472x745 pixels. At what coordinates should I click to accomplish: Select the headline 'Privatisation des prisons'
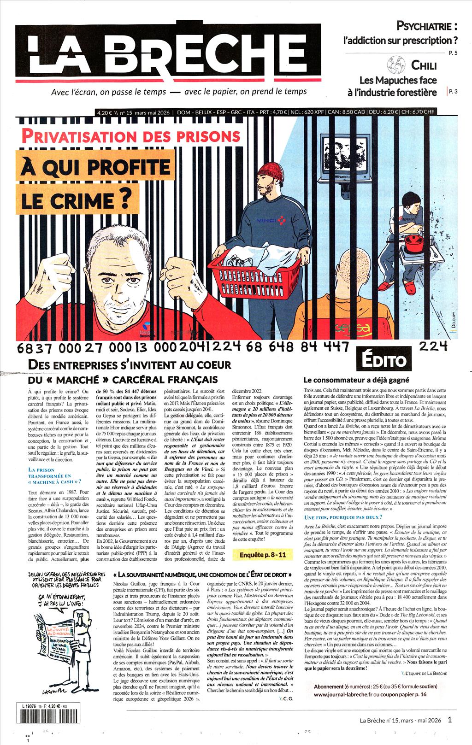click(x=130, y=136)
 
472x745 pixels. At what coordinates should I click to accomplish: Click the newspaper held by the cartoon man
click(x=52, y=638)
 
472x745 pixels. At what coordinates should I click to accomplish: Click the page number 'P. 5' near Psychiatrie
click(x=453, y=53)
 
